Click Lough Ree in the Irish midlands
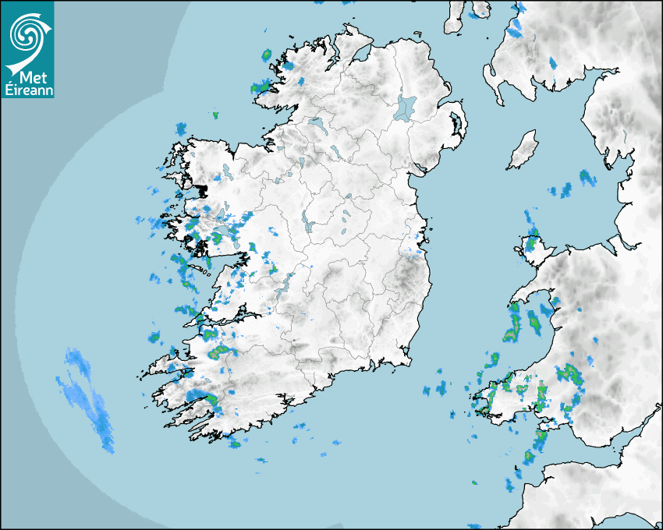click(307, 222)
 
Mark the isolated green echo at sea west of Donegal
click(215, 115)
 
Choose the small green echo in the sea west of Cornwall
click(474, 483)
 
